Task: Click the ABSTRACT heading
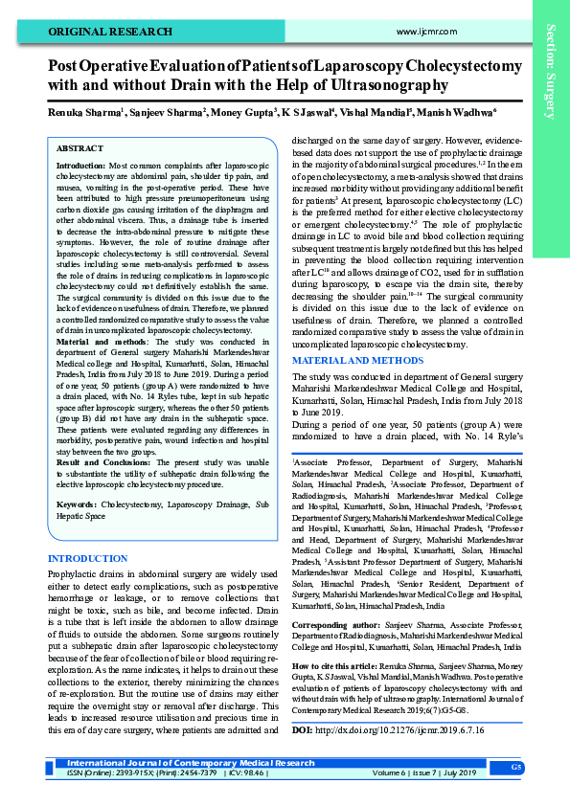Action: (80, 149)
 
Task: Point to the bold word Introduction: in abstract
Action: (81, 166)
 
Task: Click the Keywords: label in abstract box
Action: (78, 503)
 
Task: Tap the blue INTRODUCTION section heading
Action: (94, 558)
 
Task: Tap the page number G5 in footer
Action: (514, 768)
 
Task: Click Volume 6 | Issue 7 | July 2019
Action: (425, 771)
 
